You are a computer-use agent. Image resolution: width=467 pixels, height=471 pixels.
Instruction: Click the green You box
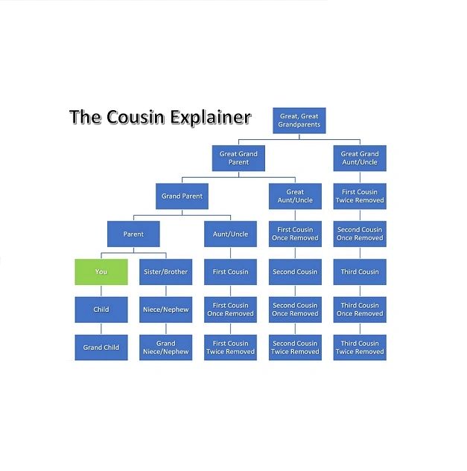point(101,272)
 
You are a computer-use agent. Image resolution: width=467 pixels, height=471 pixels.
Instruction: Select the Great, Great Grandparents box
point(299,121)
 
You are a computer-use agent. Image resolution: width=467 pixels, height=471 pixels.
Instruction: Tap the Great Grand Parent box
point(238,158)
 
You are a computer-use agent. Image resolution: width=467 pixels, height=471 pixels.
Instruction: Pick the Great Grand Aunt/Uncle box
point(359,158)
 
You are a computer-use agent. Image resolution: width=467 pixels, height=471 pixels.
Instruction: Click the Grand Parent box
point(182,196)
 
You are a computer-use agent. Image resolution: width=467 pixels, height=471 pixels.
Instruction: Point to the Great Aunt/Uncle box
point(295,196)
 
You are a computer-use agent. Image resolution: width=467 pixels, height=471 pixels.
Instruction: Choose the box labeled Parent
point(133,234)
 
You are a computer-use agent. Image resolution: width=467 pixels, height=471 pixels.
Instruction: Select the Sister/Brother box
point(165,272)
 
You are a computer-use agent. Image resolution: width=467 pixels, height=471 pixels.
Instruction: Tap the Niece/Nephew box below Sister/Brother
point(165,310)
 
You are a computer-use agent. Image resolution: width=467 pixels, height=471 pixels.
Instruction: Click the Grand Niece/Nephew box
point(165,347)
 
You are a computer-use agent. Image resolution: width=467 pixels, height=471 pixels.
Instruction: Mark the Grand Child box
point(101,347)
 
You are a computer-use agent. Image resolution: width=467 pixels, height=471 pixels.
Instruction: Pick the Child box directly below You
point(101,310)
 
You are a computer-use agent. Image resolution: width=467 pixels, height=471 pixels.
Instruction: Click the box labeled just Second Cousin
point(295,272)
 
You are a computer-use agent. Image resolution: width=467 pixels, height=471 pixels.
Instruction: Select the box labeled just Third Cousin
point(359,272)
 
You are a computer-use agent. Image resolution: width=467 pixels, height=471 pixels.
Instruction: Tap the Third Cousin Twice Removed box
point(359,347)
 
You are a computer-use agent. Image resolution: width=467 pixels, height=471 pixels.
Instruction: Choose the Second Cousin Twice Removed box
point(295,347)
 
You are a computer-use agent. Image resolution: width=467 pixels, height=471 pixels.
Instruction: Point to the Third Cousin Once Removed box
point(359,310)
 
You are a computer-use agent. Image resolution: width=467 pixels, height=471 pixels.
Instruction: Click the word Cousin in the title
point(133,118)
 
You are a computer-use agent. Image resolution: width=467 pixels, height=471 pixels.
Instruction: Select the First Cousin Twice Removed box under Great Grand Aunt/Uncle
point(359,196)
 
